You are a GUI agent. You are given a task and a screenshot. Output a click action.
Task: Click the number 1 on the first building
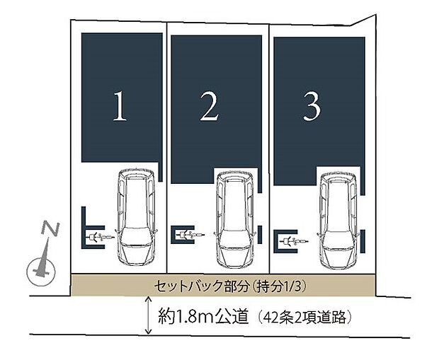click(x=120, y=107)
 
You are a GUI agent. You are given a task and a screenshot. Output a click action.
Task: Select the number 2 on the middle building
click(x=209, y=107)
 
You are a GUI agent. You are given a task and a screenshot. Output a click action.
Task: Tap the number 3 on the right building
click(x=312, y=107)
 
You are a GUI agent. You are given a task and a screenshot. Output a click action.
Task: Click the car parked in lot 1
click(x=136, y=216)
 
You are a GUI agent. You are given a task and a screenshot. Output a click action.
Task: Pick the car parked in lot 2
click(x=235, y=219)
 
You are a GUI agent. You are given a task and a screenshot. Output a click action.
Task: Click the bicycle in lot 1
click(x=101, y=237)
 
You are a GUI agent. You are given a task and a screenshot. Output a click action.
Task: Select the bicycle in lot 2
click(x=190, y=235)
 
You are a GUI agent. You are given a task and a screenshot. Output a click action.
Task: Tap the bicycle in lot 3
click(x=294, y=240)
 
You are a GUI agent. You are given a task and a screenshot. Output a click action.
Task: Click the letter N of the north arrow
click(x=50, y=228)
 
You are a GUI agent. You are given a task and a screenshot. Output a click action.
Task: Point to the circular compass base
click(x=41, y=272)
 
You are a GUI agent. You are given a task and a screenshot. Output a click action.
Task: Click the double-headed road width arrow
click(x=148, y=315)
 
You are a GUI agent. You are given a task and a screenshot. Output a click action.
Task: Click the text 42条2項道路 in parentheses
click(x=304, y=318)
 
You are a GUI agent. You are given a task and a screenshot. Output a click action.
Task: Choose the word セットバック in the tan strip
click(x=189, y=286)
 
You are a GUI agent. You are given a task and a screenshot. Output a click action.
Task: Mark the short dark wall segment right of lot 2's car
click(x=260, y=234)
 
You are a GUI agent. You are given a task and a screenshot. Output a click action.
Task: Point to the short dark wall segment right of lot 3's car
click(x=363, y=242)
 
